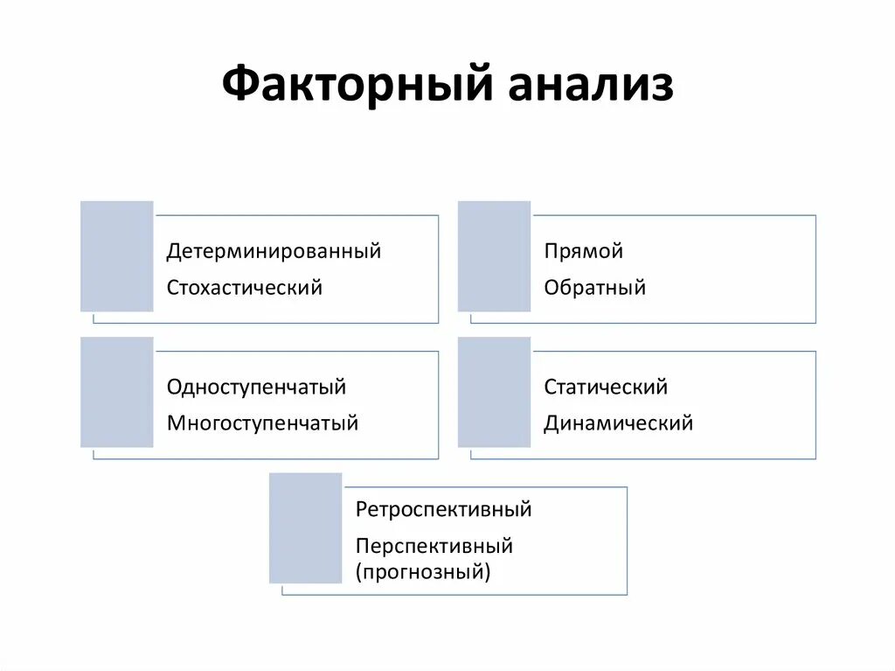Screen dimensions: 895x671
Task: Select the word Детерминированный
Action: pyautogui.click(x=274, y=252)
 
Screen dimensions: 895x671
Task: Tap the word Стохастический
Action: pyautogui.click(x=245, y=287)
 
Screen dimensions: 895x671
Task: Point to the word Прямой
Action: pyautogui.click(x=583, y=252)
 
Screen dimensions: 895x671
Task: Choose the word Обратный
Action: pyautogui.click(x=594, y=287)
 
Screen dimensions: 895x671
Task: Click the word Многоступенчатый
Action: pyautogui.click(x=263, y=423)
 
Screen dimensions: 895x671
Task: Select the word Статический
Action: pyautogui.click(x=606, y=387)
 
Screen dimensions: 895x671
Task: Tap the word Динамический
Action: pyautogui.click(x=618, y=423)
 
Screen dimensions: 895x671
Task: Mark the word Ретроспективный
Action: pyautogui.click(x=444, y=509)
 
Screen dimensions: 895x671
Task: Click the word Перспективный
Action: pyautogui.click(x=434, y=547)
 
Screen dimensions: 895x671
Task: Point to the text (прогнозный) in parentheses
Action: pyautogui.click(x=423, y=573)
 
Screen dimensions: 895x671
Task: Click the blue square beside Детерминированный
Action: pyautogui.click(x=117, y=256)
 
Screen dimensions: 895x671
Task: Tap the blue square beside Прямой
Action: pyautogui.click(x=494, y=256)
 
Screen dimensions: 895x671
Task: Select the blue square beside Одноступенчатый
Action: pyautogui.click(x=117, y=392)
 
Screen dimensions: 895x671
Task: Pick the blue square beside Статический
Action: pyautogui.click(x=494, y=392)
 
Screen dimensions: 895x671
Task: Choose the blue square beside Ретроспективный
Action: pyautogui.click(x=305, y=528)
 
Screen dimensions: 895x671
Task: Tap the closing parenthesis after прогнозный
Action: pyautogui.click(x=488, y=574)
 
